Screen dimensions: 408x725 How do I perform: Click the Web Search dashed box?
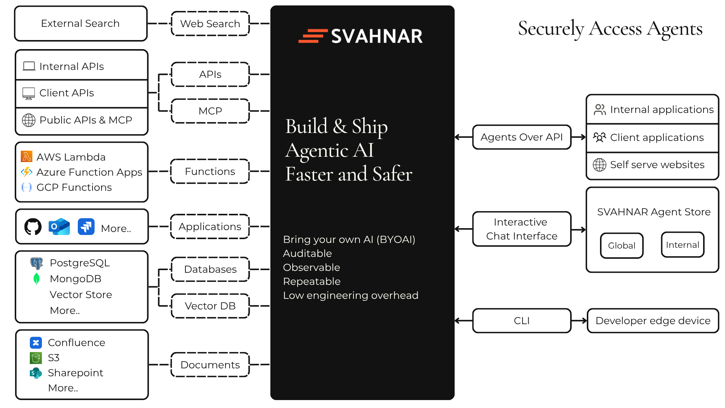point(210,24)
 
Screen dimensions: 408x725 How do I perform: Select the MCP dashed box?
point(210,111)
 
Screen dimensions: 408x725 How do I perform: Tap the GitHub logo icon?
point(33,227)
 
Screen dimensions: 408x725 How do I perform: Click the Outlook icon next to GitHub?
point(59,227)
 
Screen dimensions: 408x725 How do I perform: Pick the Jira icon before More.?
point(86,227)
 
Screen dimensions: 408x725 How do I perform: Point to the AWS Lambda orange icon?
point(27,156)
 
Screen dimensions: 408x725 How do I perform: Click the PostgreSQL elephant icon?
point(37,263)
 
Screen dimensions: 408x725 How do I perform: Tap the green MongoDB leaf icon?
point(37,279)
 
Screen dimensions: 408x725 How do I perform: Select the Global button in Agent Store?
point(622,246)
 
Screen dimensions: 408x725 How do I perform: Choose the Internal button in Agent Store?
point(682,245)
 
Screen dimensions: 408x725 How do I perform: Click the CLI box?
point(521,321)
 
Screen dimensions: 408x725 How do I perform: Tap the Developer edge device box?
point(652,321)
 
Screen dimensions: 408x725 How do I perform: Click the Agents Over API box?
point(521,137)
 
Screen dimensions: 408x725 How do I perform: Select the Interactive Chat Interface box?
point(521,229)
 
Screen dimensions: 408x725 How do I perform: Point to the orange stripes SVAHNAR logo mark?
point(313,36)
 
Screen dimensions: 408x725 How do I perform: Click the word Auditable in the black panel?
point(307,253)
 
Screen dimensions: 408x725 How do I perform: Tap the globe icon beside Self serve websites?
point(600,165)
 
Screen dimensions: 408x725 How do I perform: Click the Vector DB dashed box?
point(210,306)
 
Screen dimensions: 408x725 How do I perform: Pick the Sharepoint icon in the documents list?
point(36,373)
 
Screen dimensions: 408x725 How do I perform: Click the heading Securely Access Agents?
point(610,29)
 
